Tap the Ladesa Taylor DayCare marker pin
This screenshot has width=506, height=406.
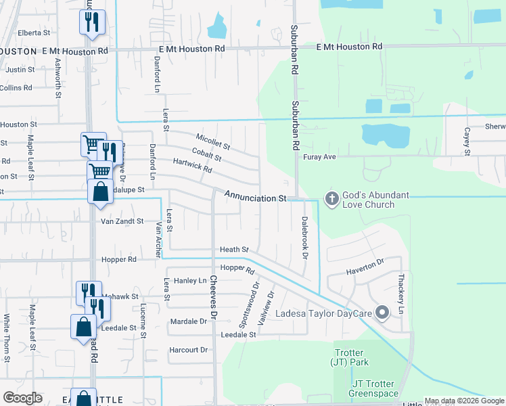pyautogui.click(x=382, y=312)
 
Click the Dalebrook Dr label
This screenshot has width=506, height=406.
pyautogui.click(x=304, y=238)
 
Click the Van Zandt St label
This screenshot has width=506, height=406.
pyautogui.click(x=122, y=221)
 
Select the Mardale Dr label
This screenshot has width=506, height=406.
pyautogui.click(x=188, y=321)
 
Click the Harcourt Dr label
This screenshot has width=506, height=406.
pyautogui.click(x=189, y=350)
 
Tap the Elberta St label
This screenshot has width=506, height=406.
pyautogui.click(x=34, y=32)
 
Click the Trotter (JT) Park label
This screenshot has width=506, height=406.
pyautogui.click(x=350, y=357)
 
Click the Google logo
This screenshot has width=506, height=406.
pyautogui.click(x=23, y=398)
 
